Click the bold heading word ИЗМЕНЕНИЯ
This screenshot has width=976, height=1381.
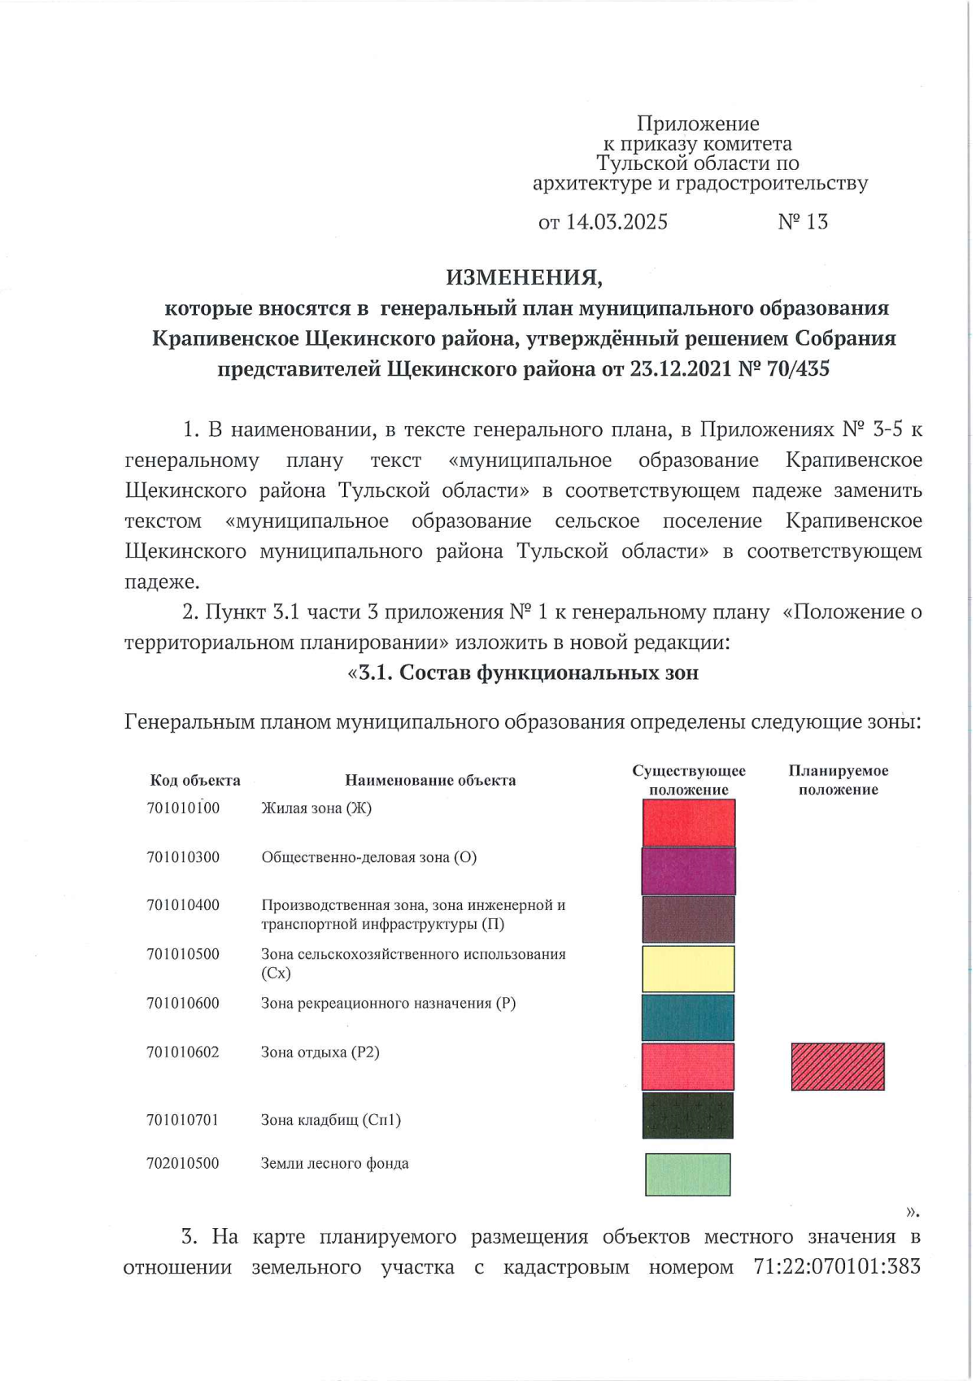pyautogui.click(x=524, y=277)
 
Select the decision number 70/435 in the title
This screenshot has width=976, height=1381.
pyautogui.click(x=797, y=369)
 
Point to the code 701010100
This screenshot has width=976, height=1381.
pyautogui.click(x=183, y=808)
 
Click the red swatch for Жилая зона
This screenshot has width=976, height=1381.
pyautogui.click(x=689, y=822)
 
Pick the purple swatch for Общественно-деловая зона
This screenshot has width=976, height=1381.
pyautogui.click(x=689, y=871)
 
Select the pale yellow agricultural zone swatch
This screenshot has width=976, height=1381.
pyautogui.click(x=688, y=969)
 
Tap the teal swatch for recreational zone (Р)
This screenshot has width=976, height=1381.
pyautogui.click(x=688, y=1017)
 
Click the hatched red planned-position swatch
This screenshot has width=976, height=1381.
pyautogui.click(x=838, y=1066)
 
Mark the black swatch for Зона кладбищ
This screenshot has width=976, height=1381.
pyautogui.click(x=688, y=1115)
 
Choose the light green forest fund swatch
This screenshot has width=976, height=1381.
pyautogui.click(x=688, y=1174)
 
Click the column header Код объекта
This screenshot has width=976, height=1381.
pyautogui.click(x=195, y=781)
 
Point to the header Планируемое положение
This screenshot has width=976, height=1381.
pyautogui.click(x=838, y=780)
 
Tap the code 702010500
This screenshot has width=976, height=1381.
pyautogui.click(x=183, y=1164)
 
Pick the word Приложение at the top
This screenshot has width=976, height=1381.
pyautogui.click(x=698, y=124)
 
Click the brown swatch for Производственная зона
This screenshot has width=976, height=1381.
pyautogui.click(x=688, y=920)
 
